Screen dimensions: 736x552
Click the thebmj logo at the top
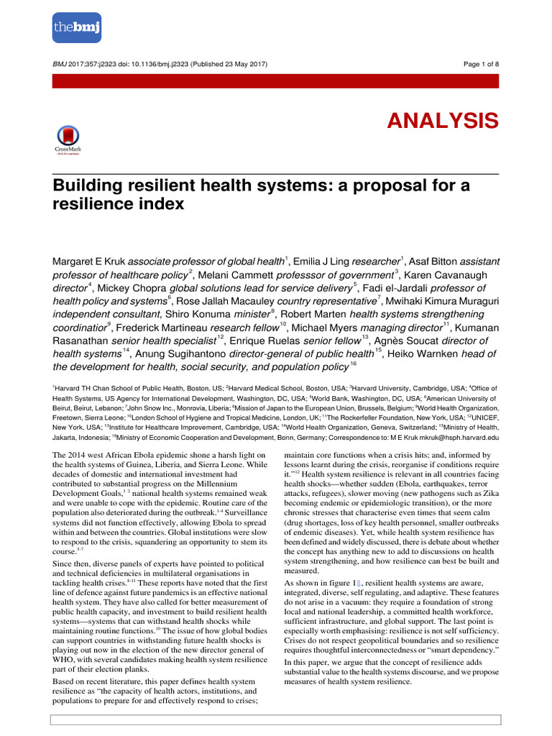tap(77, 27)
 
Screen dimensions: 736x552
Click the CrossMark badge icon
tap(68, 139)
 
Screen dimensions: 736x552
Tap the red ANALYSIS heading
tap(443, 120)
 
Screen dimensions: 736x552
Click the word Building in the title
tap(85, 185)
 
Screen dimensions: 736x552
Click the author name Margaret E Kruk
tap(84, 261)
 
